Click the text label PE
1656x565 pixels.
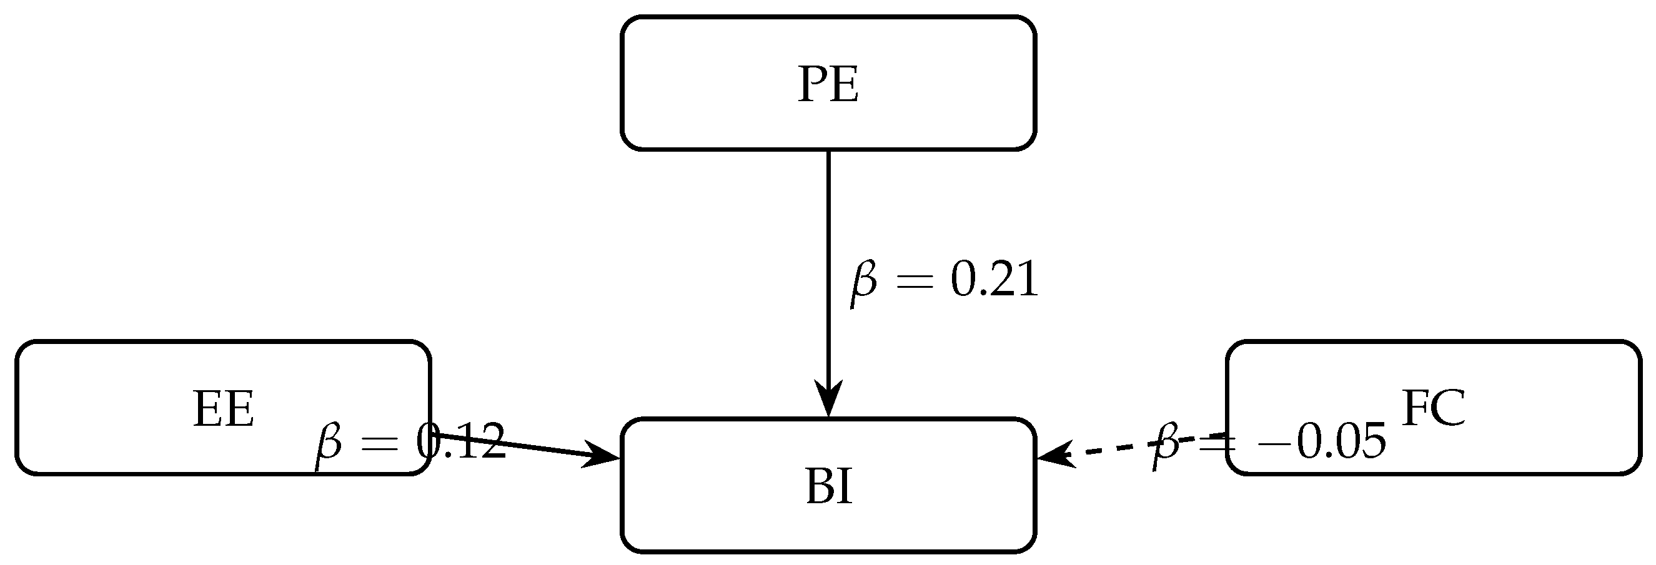(x=828, y=84)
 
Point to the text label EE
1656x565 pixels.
(x=224, y=409)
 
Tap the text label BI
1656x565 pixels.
(x=829, y=486)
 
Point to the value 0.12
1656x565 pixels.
(x=460, y=442)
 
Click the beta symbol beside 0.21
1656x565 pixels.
(x=863, y=283)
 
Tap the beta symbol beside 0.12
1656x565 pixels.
(x=328, y=445)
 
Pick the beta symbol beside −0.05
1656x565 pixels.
(x=1165, y=445)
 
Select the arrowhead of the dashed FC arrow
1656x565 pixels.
(x=1054, y=455)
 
